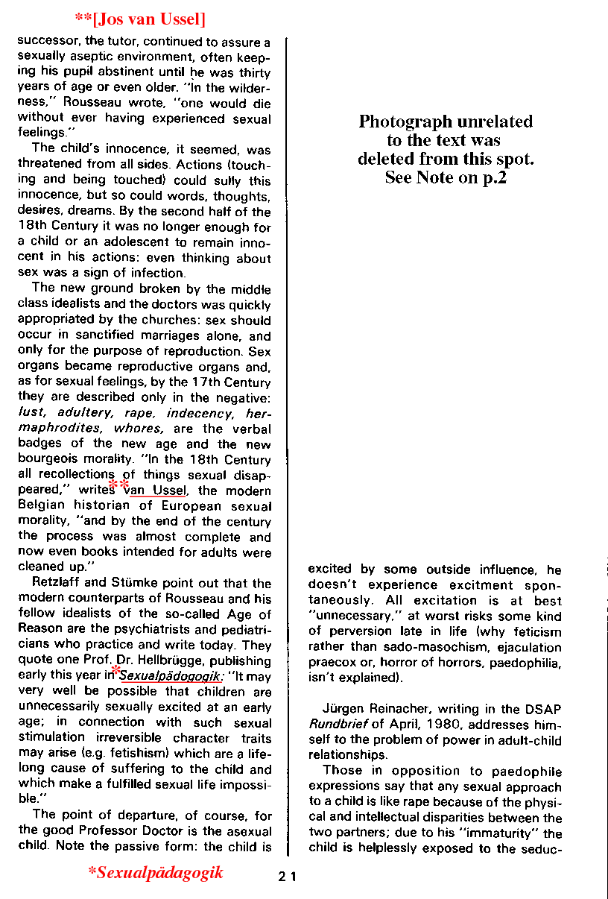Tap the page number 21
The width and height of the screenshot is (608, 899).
point(288,877)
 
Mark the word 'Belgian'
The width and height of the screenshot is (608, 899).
point(42,506)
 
